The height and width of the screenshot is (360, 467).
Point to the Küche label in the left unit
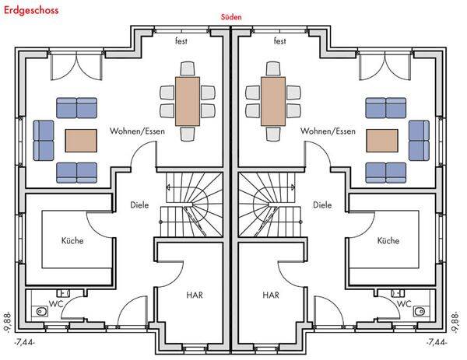point(72,241)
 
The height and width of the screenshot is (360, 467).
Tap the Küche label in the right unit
point(388,241)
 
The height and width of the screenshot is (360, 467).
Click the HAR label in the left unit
point(195,295)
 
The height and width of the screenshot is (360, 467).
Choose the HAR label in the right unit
point(270,295)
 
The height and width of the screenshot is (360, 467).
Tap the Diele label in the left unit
point(139,206)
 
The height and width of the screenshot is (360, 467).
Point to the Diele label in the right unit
point(321,206)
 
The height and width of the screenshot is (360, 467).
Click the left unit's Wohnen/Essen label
point(136,131)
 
